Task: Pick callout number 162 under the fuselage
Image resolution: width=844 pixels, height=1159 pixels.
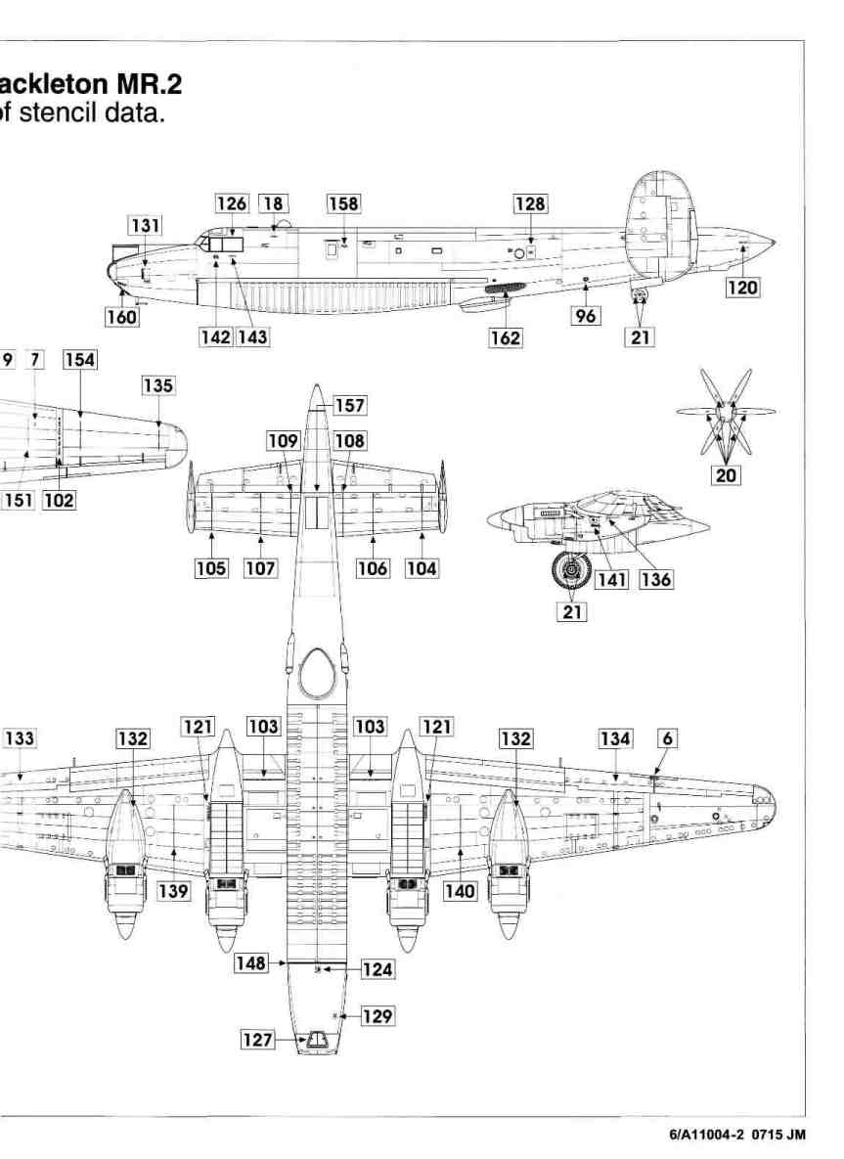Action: (507, 338)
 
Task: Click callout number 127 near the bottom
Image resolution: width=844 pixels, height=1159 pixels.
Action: (257, 1041)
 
